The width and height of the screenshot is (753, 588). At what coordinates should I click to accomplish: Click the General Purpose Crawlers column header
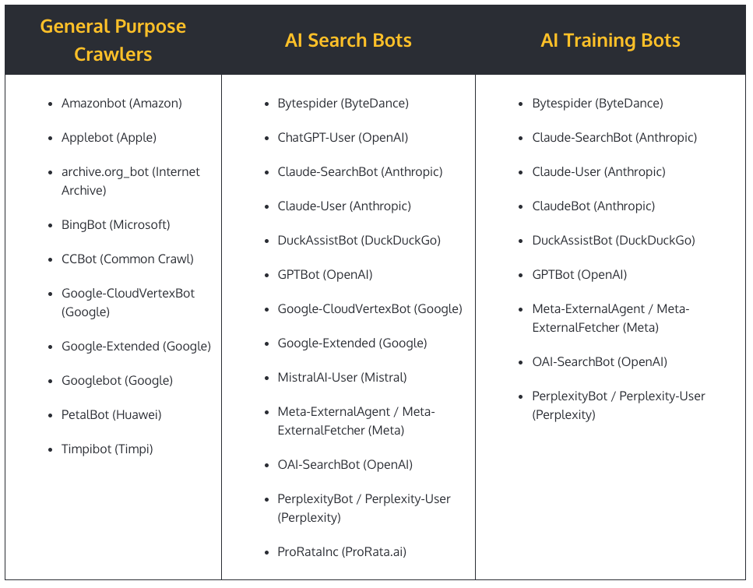[113, 40]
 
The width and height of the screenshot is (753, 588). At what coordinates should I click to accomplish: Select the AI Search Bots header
[348, 40]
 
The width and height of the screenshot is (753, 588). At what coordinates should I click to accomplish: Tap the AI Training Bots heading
[610, 40]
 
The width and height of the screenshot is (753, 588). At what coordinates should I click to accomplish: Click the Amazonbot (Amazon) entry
[121, 104]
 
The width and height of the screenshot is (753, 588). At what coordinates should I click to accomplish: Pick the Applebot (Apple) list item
[109, 138]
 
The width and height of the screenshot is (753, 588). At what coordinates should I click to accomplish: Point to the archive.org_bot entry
[130, 181]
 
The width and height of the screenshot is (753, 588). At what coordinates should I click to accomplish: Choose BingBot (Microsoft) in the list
[115, 225]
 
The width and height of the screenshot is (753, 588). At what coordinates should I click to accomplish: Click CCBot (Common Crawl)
[128, 259]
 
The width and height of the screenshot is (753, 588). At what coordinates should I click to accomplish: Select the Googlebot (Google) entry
[117, 381]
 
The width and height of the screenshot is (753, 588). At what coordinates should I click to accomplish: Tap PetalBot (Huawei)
[111, 415]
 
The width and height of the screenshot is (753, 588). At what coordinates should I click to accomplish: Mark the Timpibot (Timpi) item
[107, 449]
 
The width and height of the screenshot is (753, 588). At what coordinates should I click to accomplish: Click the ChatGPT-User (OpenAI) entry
[343, 138]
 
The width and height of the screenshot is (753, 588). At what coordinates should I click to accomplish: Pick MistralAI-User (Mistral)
[342, 378]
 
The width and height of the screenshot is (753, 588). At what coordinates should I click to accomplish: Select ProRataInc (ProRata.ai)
[342, 552]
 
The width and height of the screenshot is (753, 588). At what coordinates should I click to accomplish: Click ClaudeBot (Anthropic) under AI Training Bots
[593, 206]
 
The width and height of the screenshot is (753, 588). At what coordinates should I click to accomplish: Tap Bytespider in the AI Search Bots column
[343, 104]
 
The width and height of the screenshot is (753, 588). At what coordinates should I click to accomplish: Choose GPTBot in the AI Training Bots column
[579, 275]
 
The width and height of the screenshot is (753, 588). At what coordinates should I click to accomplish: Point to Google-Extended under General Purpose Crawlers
[136, 347]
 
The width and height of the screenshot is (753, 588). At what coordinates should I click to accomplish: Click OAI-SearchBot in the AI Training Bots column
[600, 362]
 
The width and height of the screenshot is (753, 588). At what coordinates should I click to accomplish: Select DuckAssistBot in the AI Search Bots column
[359, 241]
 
